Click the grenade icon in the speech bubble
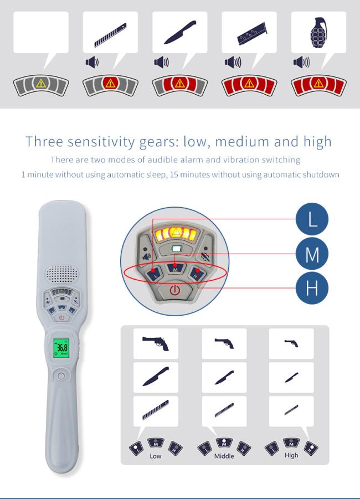318,32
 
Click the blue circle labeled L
312,219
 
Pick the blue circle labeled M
312,254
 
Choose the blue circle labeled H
312,287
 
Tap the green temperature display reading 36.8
61,347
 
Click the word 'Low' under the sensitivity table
155,456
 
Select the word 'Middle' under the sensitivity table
224,456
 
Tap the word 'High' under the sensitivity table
291,455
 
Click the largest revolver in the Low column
156,343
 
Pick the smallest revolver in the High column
291,343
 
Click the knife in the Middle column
224,377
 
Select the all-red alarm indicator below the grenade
318,85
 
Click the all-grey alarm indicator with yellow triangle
41,85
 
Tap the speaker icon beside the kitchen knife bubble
162,61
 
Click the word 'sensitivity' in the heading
101,142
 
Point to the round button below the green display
61,376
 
